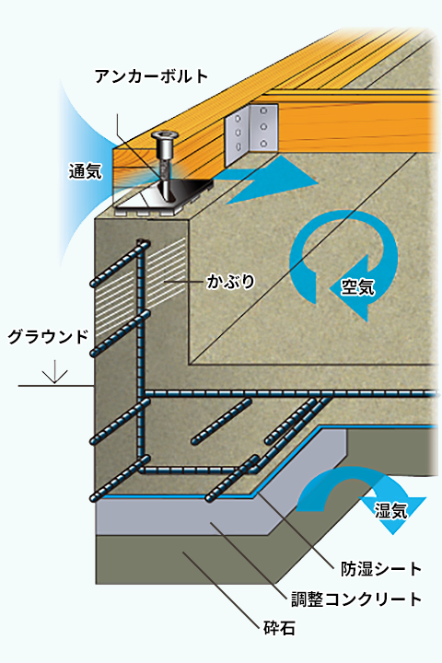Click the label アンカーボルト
click(x=152, y=76)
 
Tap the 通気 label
click(x=86, y=171)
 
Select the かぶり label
click(x=230, y=281)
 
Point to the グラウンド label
click(x=48, y=337)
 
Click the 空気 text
click(x=358, y=287)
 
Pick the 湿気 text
click(x=390, y=510)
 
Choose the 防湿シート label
click(x=381, y=569)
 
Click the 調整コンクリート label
click(x=356, y=599)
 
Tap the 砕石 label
click(x=279, y=628)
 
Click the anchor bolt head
click(x=165, y=137)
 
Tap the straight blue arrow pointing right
click(x=271, y=180)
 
